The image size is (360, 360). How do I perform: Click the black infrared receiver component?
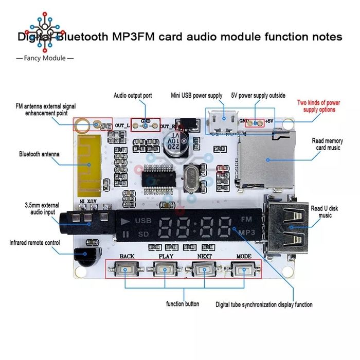click(82, 254)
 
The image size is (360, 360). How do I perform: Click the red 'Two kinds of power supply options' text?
click(319, 106)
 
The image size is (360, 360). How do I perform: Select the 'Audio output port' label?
click(133, 95)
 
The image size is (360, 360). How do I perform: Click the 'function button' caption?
click(183, 304)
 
